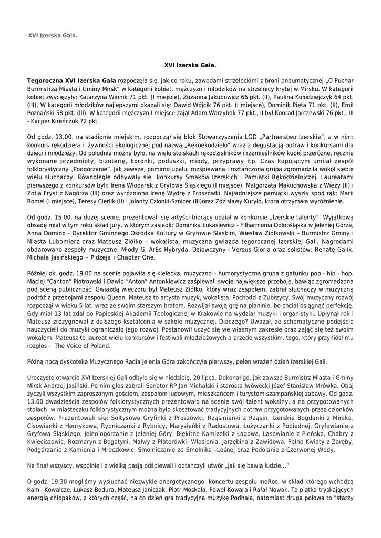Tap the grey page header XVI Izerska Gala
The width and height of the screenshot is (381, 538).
[x=53, y=35]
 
